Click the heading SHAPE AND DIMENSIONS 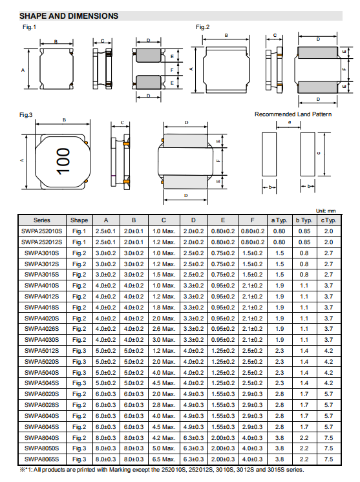click(69, 16)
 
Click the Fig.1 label click(29, 27)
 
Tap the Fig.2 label click(202, 27)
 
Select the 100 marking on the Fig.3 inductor click(63, 161)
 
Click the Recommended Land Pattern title click(293, 114)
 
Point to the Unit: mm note click(326, 211)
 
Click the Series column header click(42, 220)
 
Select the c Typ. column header click(328, 220)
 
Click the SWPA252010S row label click(42, 231)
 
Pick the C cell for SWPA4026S click(164, 329)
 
